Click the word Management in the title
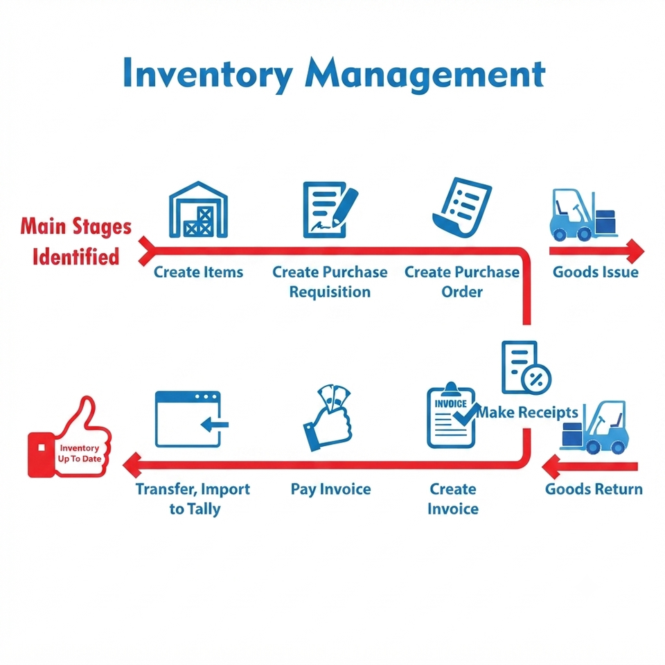tap(425, 75)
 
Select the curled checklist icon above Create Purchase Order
tap(462, 207)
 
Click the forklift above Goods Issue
tap(583, 215)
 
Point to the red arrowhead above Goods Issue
tap(635, 251)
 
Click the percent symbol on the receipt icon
tap(536, 380)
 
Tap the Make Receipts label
tap(526, 412)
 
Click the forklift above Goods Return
tap(594, 427)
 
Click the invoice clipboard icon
tap(452, 415)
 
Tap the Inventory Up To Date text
tap(79, 453)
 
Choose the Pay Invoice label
tap(331, 489)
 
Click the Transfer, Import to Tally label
tap(193, 499)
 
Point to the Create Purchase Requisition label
tap(330, 282)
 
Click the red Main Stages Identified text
tap(76, 241)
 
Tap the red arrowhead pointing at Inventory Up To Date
tap(132, 465)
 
